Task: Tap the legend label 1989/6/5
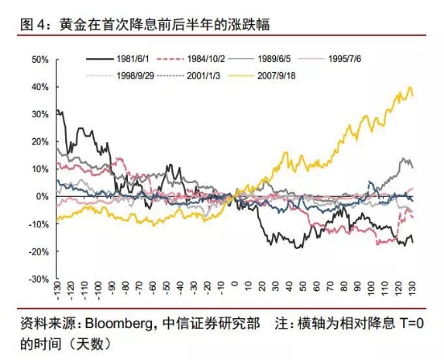click(286, 59)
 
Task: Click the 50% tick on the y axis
click(39, 59)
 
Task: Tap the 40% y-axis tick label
click(39, 87)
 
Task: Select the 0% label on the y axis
click(42, 196)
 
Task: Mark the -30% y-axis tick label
click(37, 279)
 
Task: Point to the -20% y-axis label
click(37, 252)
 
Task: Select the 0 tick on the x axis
click(234, 288)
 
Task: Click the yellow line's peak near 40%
click(410, 88)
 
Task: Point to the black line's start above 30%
click(58, 110)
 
